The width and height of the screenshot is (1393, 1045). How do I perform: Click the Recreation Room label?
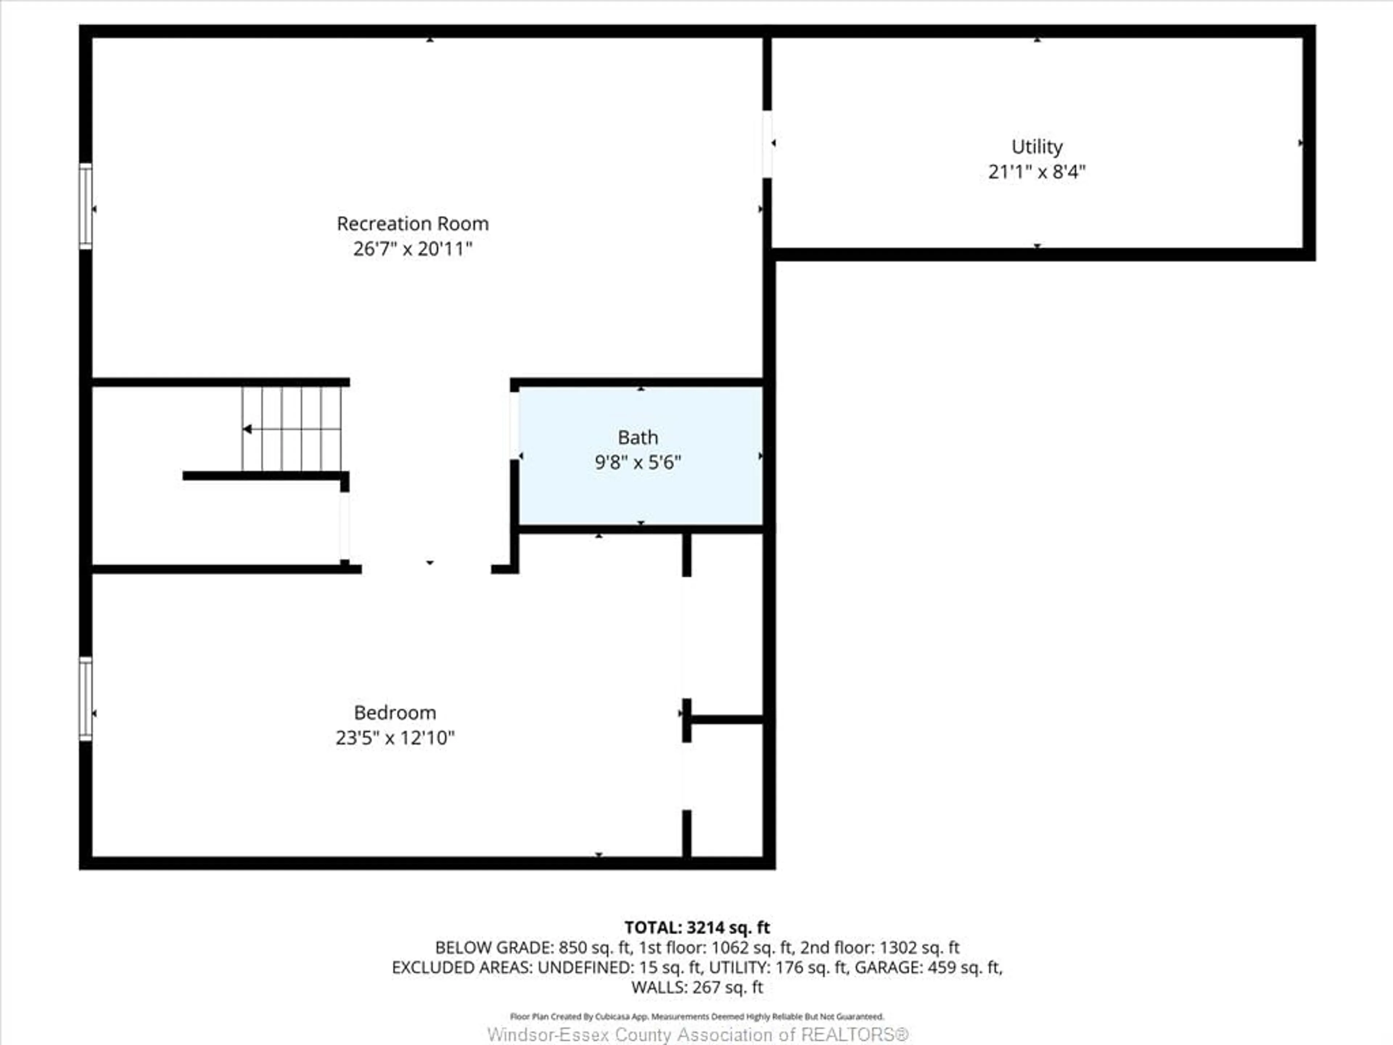coord(412,224)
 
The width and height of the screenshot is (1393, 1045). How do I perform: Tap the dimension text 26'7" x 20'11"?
coord(412,249)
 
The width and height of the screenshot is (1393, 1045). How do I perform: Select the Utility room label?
coord(1036,147)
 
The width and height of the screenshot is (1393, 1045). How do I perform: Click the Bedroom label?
coord(395,712)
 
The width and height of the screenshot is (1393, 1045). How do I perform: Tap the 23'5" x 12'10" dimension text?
coord(395,738)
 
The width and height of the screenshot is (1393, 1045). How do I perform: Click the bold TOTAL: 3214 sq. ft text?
coord(696,927)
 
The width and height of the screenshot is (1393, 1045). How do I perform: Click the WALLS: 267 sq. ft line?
coord(696,987)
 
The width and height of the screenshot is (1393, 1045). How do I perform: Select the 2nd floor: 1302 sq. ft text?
coord(879,947)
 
